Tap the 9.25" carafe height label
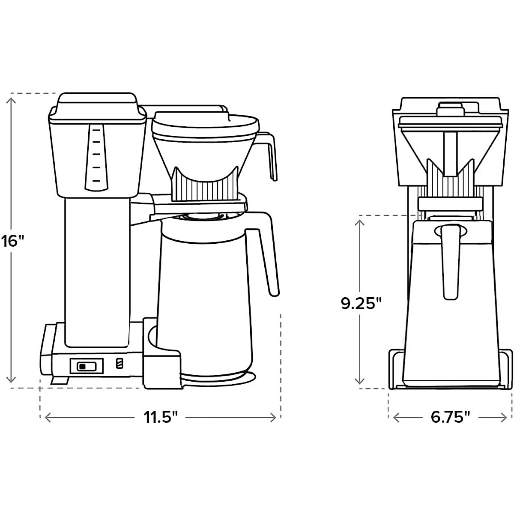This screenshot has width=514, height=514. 361,304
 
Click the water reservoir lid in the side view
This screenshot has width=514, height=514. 96,103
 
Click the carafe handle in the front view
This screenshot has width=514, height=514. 450,261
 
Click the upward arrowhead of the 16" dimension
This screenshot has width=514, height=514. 12,99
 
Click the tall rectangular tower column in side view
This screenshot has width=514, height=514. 97,270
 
